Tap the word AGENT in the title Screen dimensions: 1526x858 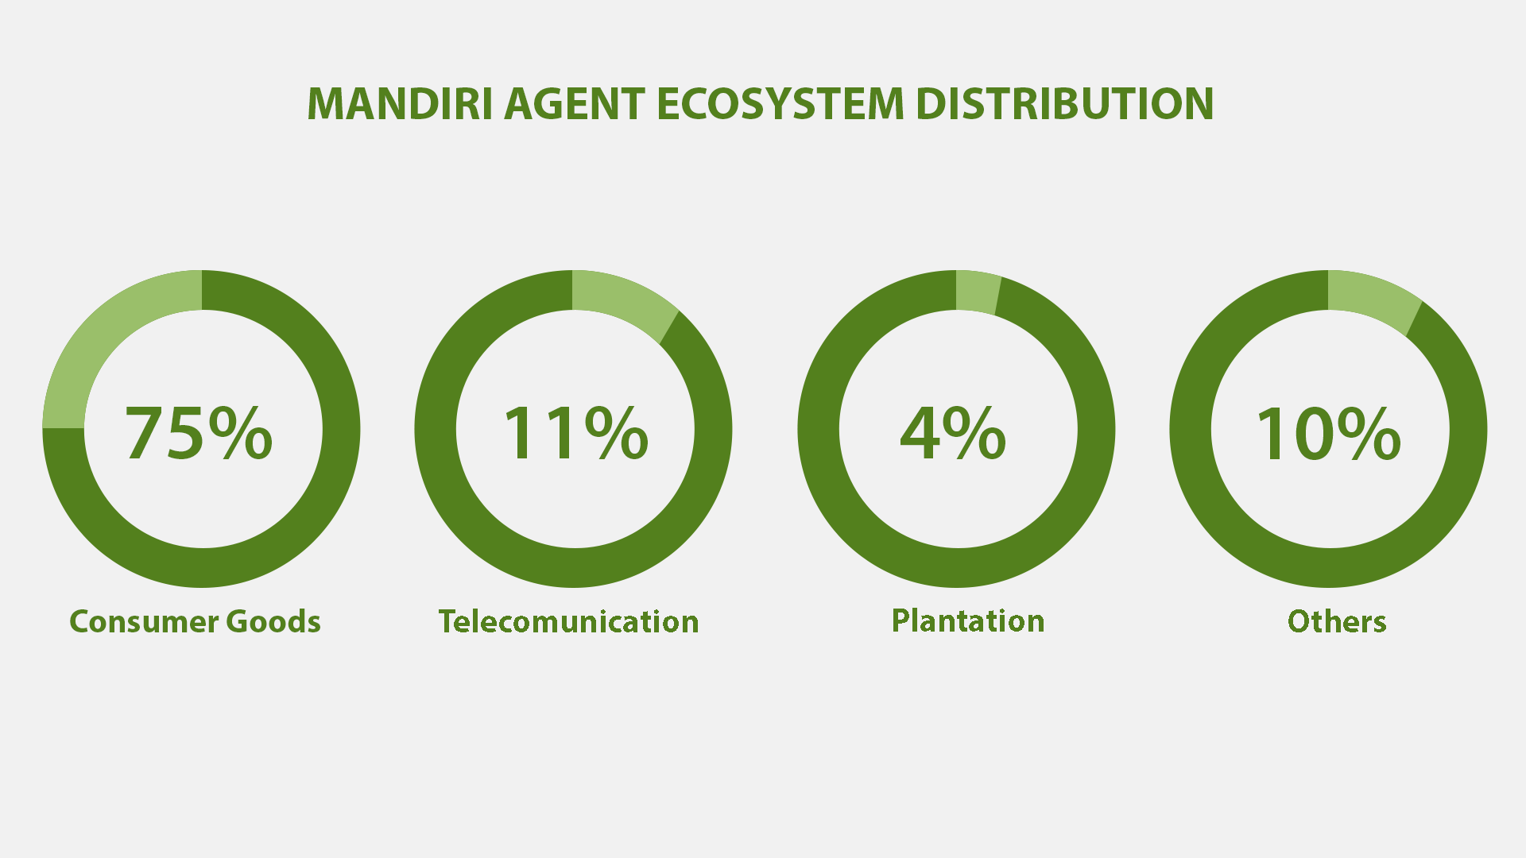(575, 104)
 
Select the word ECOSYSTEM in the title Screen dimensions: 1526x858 (780, 104)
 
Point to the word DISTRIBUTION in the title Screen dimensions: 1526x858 (1065, 104)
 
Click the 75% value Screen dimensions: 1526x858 (199, 432)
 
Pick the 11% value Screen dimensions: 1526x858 (575, 432)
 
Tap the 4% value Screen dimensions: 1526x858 (953, 432)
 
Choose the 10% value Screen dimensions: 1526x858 (1328, 432)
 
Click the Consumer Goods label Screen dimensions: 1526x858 (195, 621)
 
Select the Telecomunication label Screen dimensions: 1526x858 (568, 621)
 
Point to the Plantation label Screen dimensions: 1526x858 (968, 620)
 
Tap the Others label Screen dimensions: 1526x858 (1337, 621)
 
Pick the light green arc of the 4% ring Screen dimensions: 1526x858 (977, 292)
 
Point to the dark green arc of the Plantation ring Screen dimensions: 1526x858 (956, 567)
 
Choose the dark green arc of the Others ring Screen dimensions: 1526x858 (1328, 567)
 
